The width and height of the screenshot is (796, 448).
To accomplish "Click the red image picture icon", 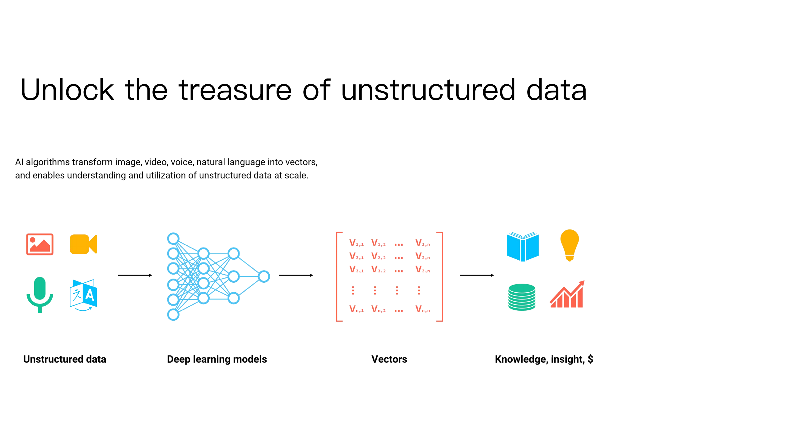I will (x=40, y=244).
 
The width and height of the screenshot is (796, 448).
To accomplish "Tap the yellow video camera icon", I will (x=83, y=244).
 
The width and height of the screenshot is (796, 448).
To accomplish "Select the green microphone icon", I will (x=40, y=294).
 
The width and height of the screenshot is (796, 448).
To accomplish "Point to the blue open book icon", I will (x=523, y=247).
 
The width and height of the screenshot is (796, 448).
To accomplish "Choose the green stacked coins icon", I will (x=522, y=297).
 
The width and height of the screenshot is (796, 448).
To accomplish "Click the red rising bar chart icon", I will (x=567, y=295).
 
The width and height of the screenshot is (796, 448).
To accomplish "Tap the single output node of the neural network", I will (x=264, y=276).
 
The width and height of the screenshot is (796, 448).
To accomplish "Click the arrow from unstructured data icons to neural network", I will (x=135, y=275).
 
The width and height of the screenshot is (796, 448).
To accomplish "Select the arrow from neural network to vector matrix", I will (x=296, y=275).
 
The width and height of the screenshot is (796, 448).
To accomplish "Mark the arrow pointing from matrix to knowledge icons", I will (x=477, y=275).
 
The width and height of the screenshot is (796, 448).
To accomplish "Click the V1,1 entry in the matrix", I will (x=356, y=243).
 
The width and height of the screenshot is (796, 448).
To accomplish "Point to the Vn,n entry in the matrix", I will (x=422, y=309).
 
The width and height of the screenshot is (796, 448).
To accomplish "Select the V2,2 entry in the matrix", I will (x=378, y=256).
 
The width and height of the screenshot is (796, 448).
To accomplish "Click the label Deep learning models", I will (x=217, y=359).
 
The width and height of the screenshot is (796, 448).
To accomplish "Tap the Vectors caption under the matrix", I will (x=389, y=359).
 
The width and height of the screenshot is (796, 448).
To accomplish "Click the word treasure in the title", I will (x=235, y=90).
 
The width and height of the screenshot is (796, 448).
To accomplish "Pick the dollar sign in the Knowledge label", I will (x=590, y=359).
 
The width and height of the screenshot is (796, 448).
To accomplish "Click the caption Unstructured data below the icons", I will (x=65, y=359).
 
